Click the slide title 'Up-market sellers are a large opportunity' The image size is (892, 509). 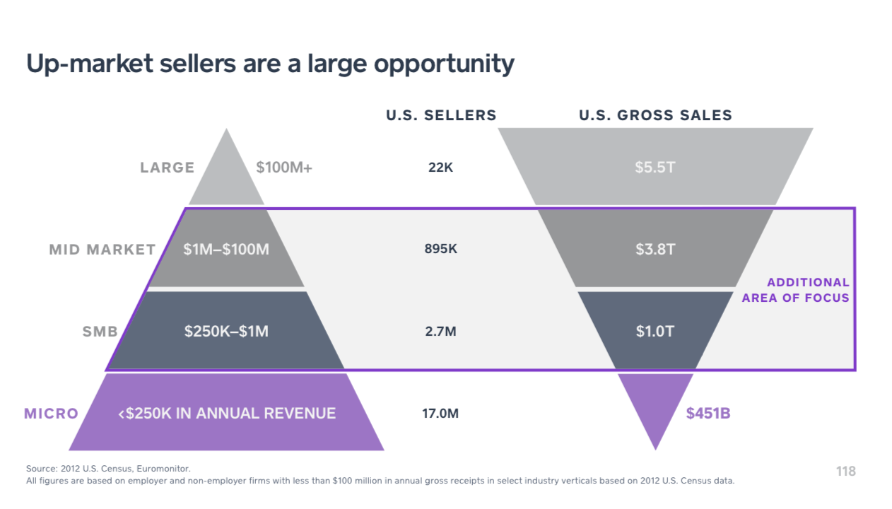pyautogui.click(x=270, y=64)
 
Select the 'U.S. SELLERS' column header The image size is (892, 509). pyautogui.click(x=441, y=115)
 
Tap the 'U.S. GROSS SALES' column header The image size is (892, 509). pyautogui.click(x=655, y=115)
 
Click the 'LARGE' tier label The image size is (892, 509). pyautogui.click(x=167, y=168)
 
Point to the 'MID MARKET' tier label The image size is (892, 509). pyautogui.click(x=102, y=250)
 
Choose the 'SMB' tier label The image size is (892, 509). pyautogui.click(x=100, y=331)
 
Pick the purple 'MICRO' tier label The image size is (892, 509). pyautogui.click(x=52, y=414)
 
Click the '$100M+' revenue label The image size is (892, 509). pyautogui.click(x=284, y=168)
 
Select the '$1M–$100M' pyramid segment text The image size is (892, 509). pyautogui.click(x=226, y=250)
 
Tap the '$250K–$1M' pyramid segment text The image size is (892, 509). pyautogui.click(x=226, y=331)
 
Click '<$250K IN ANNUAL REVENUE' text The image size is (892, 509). pyautogui.click(x=227, y=414)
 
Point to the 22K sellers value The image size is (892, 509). pyautogui.click(x=440, y=168)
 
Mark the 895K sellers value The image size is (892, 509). pyautogui.click(x=440, y=250)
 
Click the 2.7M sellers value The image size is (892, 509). pyautogui.click(x=440, y=331)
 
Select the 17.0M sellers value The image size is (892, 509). pyautogui.click(x=440, y=414)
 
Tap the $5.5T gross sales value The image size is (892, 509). pyautogui.click(x=655, y=168)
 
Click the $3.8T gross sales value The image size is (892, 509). pyautogui.click(x=655, y=250)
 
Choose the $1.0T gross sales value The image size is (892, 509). pyautogui.click(x=655, y=331)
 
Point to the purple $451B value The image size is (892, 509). pyautogui.click(x=708, y=414)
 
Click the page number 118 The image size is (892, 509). pyautogui.click(x=845, y=471)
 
